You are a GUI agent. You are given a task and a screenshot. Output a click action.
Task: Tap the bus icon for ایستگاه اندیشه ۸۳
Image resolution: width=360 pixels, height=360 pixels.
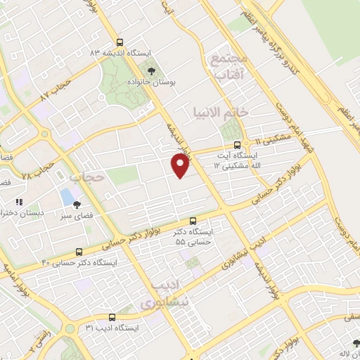click(x=120, y=42)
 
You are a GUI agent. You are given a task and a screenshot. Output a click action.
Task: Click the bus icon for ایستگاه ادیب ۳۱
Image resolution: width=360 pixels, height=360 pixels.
click(x=110, y=318)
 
